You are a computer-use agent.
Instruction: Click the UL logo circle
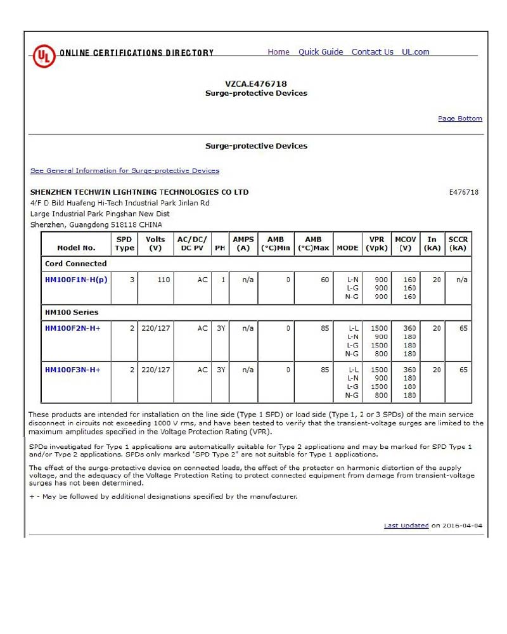coord(42,55)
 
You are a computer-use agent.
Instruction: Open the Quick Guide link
coord(321,52)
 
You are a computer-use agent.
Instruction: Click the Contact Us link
coord(372,52)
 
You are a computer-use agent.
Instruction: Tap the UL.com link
coord(415,52)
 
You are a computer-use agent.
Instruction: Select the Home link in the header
coord(278,52)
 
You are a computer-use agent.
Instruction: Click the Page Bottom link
coord(459,119)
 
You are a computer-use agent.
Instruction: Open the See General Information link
coord(125,171)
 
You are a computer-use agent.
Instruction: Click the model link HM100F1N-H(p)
coord(76,280)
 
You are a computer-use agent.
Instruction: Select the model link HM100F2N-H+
coord(73,328)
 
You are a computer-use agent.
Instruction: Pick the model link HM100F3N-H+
coord(73,370)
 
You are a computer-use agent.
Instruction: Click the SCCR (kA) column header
coord(458,243)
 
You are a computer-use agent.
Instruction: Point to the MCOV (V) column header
coord(406,243)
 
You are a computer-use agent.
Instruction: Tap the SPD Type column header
coord(124,243)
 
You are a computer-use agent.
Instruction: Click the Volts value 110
coord(164,280)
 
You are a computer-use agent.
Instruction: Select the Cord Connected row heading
coord(76,264)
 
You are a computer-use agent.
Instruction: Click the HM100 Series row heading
coord(72,313)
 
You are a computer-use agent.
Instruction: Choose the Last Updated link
coord(406,526)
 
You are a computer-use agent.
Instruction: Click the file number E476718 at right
coord(463,192)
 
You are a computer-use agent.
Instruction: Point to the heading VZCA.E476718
coord(256,84)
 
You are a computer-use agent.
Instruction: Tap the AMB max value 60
coord(325,280)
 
